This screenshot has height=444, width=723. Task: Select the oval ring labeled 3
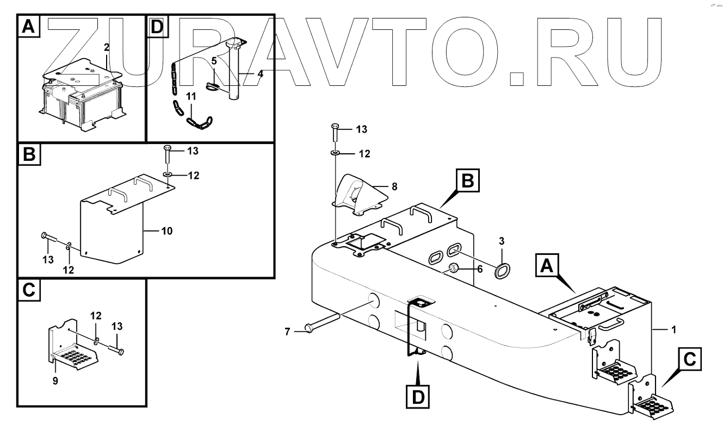pyautogui.click(x=502, y=269)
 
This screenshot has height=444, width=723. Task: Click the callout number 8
pyautogui.click(x=394, y=186)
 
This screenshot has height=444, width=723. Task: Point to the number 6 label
pyautogui.click(x=479, y=268)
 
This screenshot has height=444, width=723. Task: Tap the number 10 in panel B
pyautogui.click(x=166, y=231)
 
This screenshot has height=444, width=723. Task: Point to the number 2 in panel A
pyautogui.click(x=107, y=48)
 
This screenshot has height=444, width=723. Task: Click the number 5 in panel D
pyautogui.click(x=214, y=61)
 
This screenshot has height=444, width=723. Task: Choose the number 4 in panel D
pyautogui.click(x=260, y=73)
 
